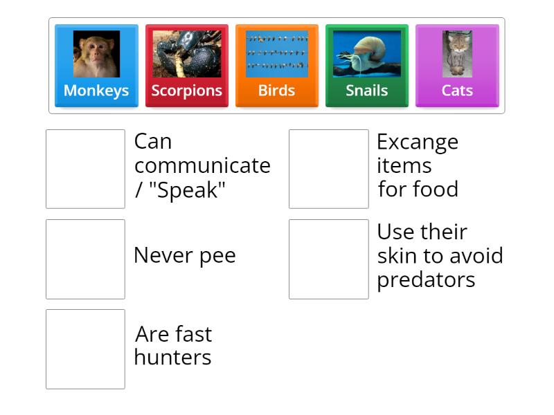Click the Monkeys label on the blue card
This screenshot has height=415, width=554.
click(96, 91)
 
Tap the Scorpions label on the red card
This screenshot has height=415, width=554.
click(186, 91)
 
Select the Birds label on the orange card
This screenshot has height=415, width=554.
click(276, 91)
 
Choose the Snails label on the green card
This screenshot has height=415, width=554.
click(366, 91)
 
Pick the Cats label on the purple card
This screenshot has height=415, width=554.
click(457, 91)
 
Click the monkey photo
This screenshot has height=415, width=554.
click(96, 54)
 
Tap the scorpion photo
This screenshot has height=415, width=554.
click(186, 54)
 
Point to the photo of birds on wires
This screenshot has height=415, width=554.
click(276, 54)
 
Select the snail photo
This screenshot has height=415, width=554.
click(366, 54)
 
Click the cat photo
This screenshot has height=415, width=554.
click(457, 54)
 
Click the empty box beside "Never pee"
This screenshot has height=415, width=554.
click(85, 259)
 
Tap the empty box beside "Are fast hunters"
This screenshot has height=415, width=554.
click(85, 349)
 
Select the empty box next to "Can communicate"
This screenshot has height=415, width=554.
click(85, 169)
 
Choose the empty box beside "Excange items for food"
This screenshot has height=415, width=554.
click(328, 169)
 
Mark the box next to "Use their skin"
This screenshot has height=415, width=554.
click(328, 259)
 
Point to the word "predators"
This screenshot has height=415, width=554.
click(426, 279)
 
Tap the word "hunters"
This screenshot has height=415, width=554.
click(172, 358)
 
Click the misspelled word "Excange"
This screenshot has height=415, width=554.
click(417, 142)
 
